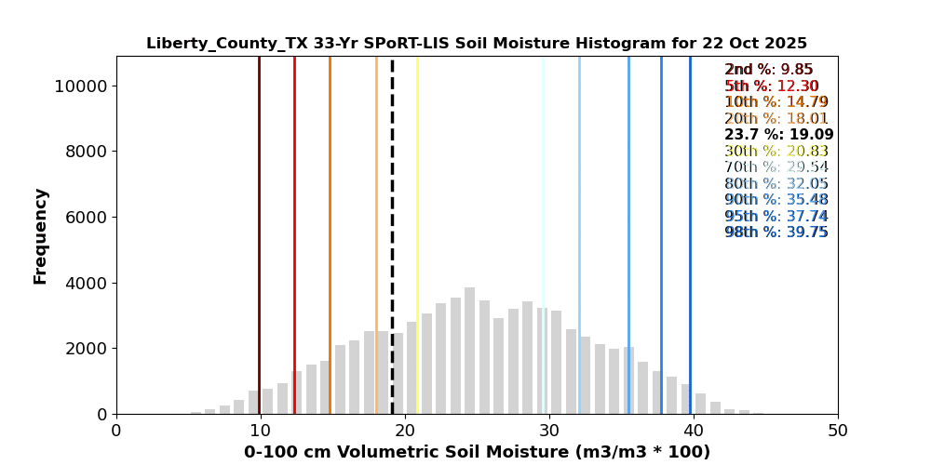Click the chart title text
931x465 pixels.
(x=477, y=44)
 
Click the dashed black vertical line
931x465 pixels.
(x=392, y=186)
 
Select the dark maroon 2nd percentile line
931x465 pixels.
(x=259, y=186)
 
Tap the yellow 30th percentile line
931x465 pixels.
(x=417, y=186)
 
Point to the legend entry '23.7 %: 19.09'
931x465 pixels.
(x=778, y=135)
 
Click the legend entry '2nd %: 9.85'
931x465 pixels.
(x=769, y=70)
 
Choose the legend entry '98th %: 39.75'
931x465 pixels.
(x=776, y=232)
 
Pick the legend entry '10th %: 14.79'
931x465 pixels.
(x=776, y=102)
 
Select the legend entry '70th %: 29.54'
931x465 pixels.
(x=776, y=167)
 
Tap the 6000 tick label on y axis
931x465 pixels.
(x=86, y=218)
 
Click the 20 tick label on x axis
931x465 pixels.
(x=405, y=432)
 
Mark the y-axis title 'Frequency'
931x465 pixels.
(x=41, y=236)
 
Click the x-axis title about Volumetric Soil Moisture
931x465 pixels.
(x=477, y=453)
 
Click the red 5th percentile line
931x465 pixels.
(x=294, y=186)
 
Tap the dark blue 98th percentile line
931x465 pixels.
(x=690, y=186)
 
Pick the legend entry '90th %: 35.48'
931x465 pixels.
(x=776, y=200)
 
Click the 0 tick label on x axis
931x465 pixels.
(x=116, y=432)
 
